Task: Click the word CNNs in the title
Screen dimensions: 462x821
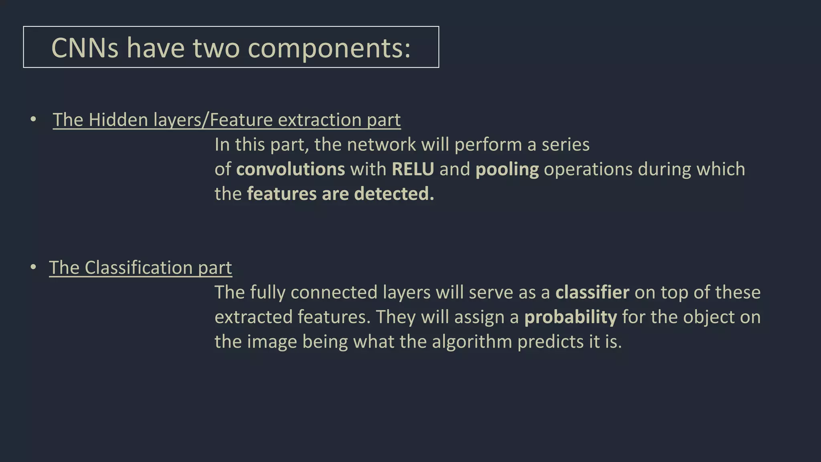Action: (85, 48)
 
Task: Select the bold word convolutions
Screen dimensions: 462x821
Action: (290, 169)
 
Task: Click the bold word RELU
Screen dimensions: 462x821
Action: (413, 169)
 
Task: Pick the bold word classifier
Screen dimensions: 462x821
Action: (592, 292)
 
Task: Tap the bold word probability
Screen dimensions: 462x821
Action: (570, 317)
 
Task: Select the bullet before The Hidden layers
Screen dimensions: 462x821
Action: (33, 119)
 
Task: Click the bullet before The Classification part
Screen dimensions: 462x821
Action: (33, 267)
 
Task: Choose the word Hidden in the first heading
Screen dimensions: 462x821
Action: (118, 120)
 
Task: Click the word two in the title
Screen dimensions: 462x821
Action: (216, 48)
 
